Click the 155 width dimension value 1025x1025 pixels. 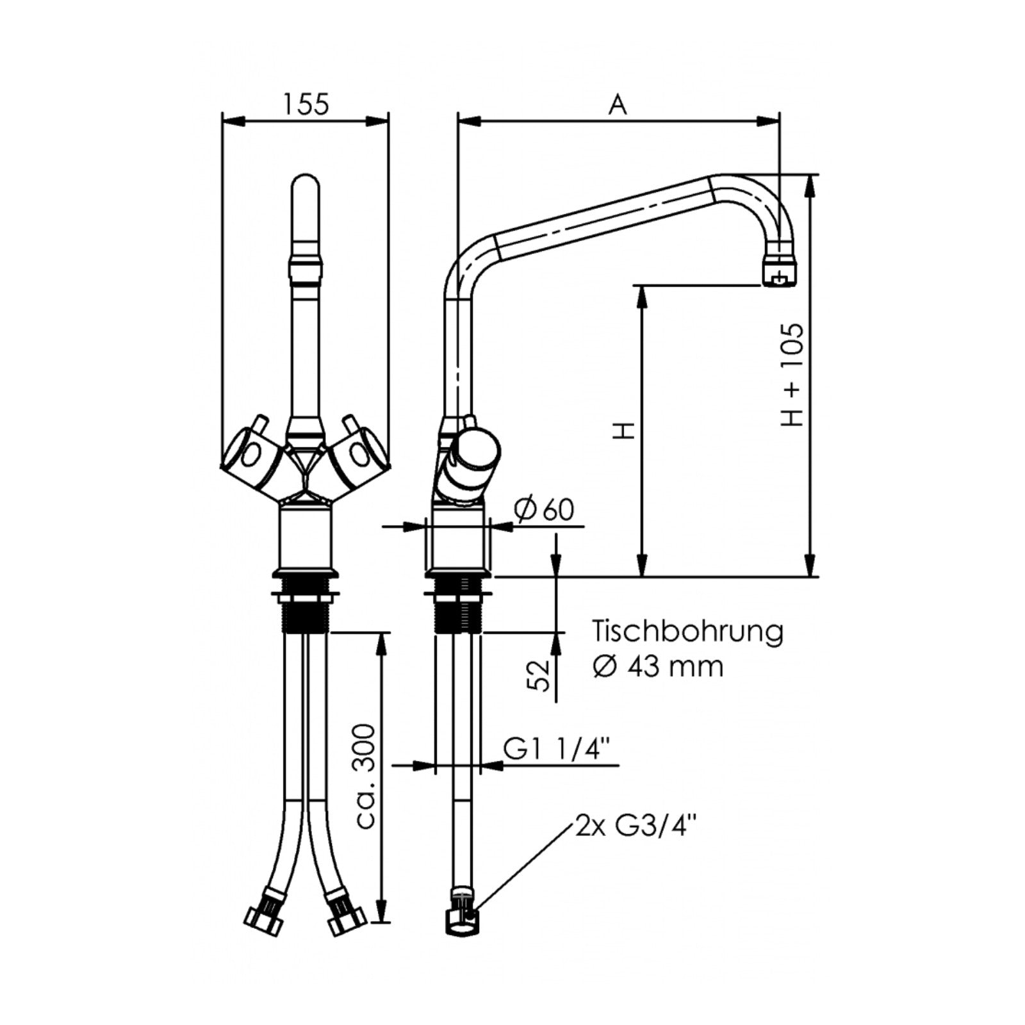pos(306,104)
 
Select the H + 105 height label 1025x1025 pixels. pos(792,375)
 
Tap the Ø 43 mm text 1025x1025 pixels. pos(658,667)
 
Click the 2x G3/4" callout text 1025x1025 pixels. pos(635,826)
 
